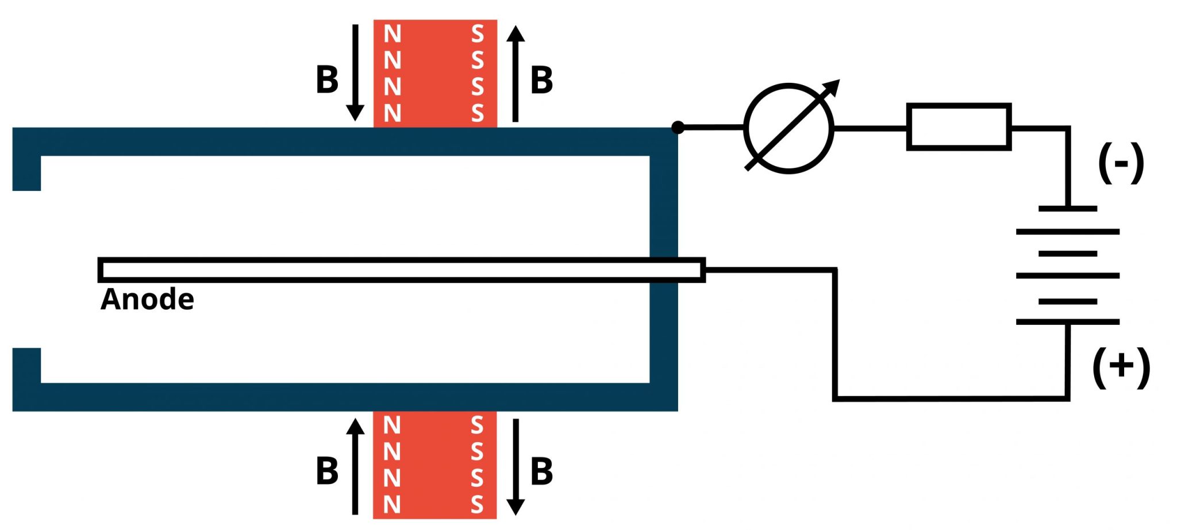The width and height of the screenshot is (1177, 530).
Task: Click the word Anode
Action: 147,299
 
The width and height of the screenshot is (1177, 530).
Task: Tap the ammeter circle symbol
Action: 788,128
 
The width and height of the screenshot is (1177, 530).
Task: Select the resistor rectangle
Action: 958,127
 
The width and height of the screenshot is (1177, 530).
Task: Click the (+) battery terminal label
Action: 1121,367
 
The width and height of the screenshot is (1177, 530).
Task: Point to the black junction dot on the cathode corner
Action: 678,127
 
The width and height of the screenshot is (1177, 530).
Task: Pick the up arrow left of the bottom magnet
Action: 355,466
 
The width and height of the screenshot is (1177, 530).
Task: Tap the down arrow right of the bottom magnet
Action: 516,466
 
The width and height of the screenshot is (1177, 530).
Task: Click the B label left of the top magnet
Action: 327,80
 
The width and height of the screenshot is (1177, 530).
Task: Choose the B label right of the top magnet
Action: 541,80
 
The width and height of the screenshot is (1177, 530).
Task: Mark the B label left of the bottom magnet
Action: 327,471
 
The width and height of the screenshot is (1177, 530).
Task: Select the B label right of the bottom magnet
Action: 541,471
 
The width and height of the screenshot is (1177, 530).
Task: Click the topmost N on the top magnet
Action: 392,34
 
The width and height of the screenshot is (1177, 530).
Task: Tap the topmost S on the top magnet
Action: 477,34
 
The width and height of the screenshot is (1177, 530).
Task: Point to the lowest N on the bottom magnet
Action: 392,505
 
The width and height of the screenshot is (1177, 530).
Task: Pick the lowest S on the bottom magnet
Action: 477,505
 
